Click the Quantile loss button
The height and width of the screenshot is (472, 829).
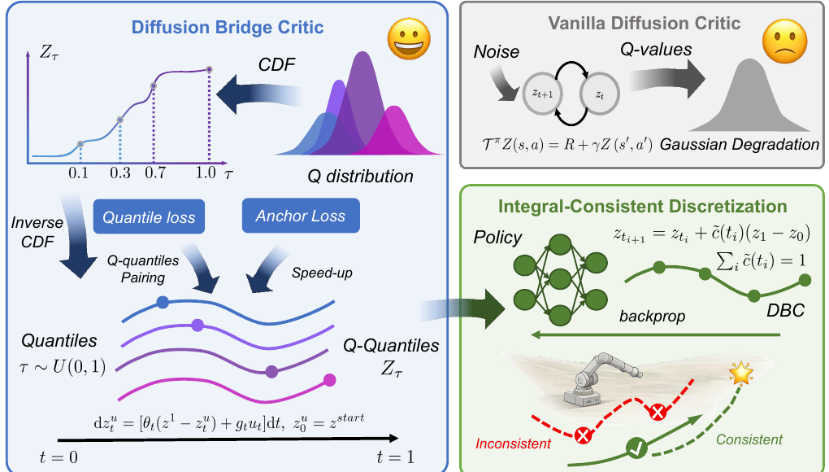(149, 216)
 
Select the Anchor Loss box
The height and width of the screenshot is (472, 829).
(301, 216)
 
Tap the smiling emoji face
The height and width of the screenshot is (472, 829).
(409, 38)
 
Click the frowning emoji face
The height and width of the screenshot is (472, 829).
(784, 42)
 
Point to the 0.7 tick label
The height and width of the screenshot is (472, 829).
(155, 173)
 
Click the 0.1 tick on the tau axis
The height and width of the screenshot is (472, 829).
(78, 173)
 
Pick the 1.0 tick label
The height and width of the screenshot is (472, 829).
(206, 173)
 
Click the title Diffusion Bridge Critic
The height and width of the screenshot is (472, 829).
(228, 28)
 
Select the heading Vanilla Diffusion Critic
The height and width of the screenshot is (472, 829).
(644, 24)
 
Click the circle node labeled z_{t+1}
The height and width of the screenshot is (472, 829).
(542, 94)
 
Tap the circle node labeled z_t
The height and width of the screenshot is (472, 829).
(600, 94)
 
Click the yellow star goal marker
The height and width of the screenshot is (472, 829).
(740, 373)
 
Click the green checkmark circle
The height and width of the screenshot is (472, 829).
(637, 448)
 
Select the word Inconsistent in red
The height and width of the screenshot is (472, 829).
(513, 444)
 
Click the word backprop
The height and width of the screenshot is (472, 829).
(652, 317)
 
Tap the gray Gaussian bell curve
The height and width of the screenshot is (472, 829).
(749, 95)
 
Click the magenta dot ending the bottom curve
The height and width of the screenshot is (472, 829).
(329, 380)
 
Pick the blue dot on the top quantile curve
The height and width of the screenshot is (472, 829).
(163, 302)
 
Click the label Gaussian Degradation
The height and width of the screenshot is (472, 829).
(740, 144)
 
